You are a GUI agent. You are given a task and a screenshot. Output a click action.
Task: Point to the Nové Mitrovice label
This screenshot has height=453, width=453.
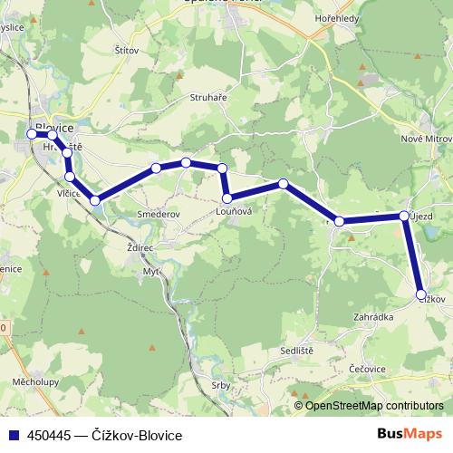(x=427, y=139)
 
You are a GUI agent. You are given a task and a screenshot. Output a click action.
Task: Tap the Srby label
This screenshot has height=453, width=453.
(x=219, y=385)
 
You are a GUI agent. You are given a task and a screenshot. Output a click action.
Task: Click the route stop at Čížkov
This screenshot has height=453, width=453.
(x=420, y=294)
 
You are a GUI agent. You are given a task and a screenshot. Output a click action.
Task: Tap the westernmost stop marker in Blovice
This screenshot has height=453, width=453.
(x=32, y=134)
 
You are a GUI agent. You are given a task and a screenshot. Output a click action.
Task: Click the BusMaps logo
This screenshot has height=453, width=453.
(x=416, y=433)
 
